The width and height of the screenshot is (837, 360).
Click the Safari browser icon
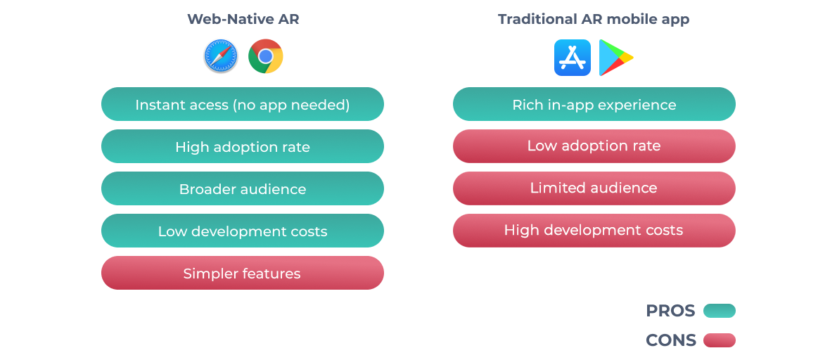pos(221,56)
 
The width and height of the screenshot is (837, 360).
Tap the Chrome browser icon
pos(266,56)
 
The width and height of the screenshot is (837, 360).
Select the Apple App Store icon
pos(572,57)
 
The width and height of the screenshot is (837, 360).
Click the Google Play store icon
pos(615,57)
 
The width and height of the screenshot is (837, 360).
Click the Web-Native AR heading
pos(243,19)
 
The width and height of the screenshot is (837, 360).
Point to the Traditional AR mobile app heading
pos(594,19)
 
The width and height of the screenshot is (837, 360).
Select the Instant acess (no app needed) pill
pos(243,105)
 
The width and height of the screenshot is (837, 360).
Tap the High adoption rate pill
pos(243,147)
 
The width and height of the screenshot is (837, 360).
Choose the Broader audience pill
pos(243,189)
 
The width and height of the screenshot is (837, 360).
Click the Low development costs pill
pos(243,231)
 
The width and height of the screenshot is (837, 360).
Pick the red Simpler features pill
pos(243,274)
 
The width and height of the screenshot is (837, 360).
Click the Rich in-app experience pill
pos(594,105)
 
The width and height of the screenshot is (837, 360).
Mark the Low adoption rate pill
pos(594,146)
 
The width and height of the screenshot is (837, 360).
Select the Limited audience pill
pos(594,188)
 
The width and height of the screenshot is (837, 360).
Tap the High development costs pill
pos(594,231)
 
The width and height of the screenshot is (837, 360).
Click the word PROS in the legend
pos(670,311)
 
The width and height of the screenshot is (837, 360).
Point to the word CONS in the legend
pos(670,340)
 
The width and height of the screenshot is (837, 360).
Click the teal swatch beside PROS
pos(719,311)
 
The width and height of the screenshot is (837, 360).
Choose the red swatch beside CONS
pos(719,340)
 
